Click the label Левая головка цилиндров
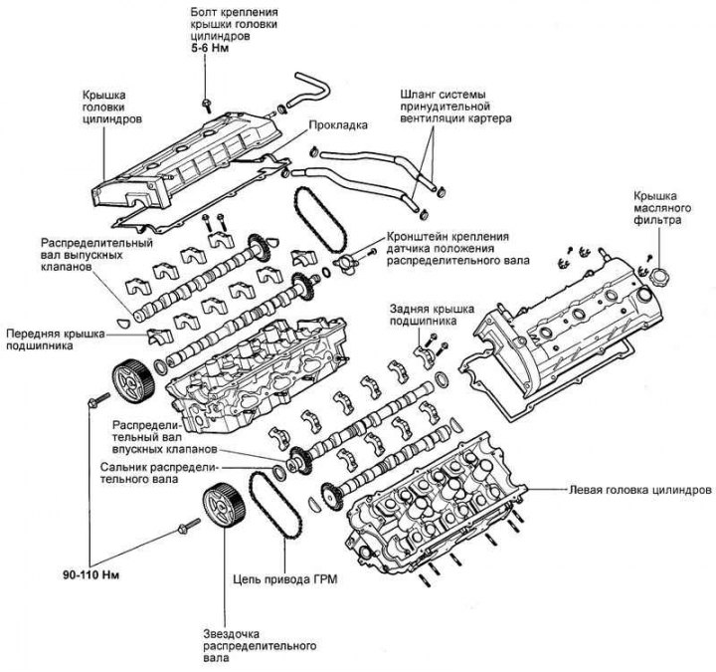click(x=638, y=491)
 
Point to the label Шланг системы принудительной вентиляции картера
click(x=447, y=104)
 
